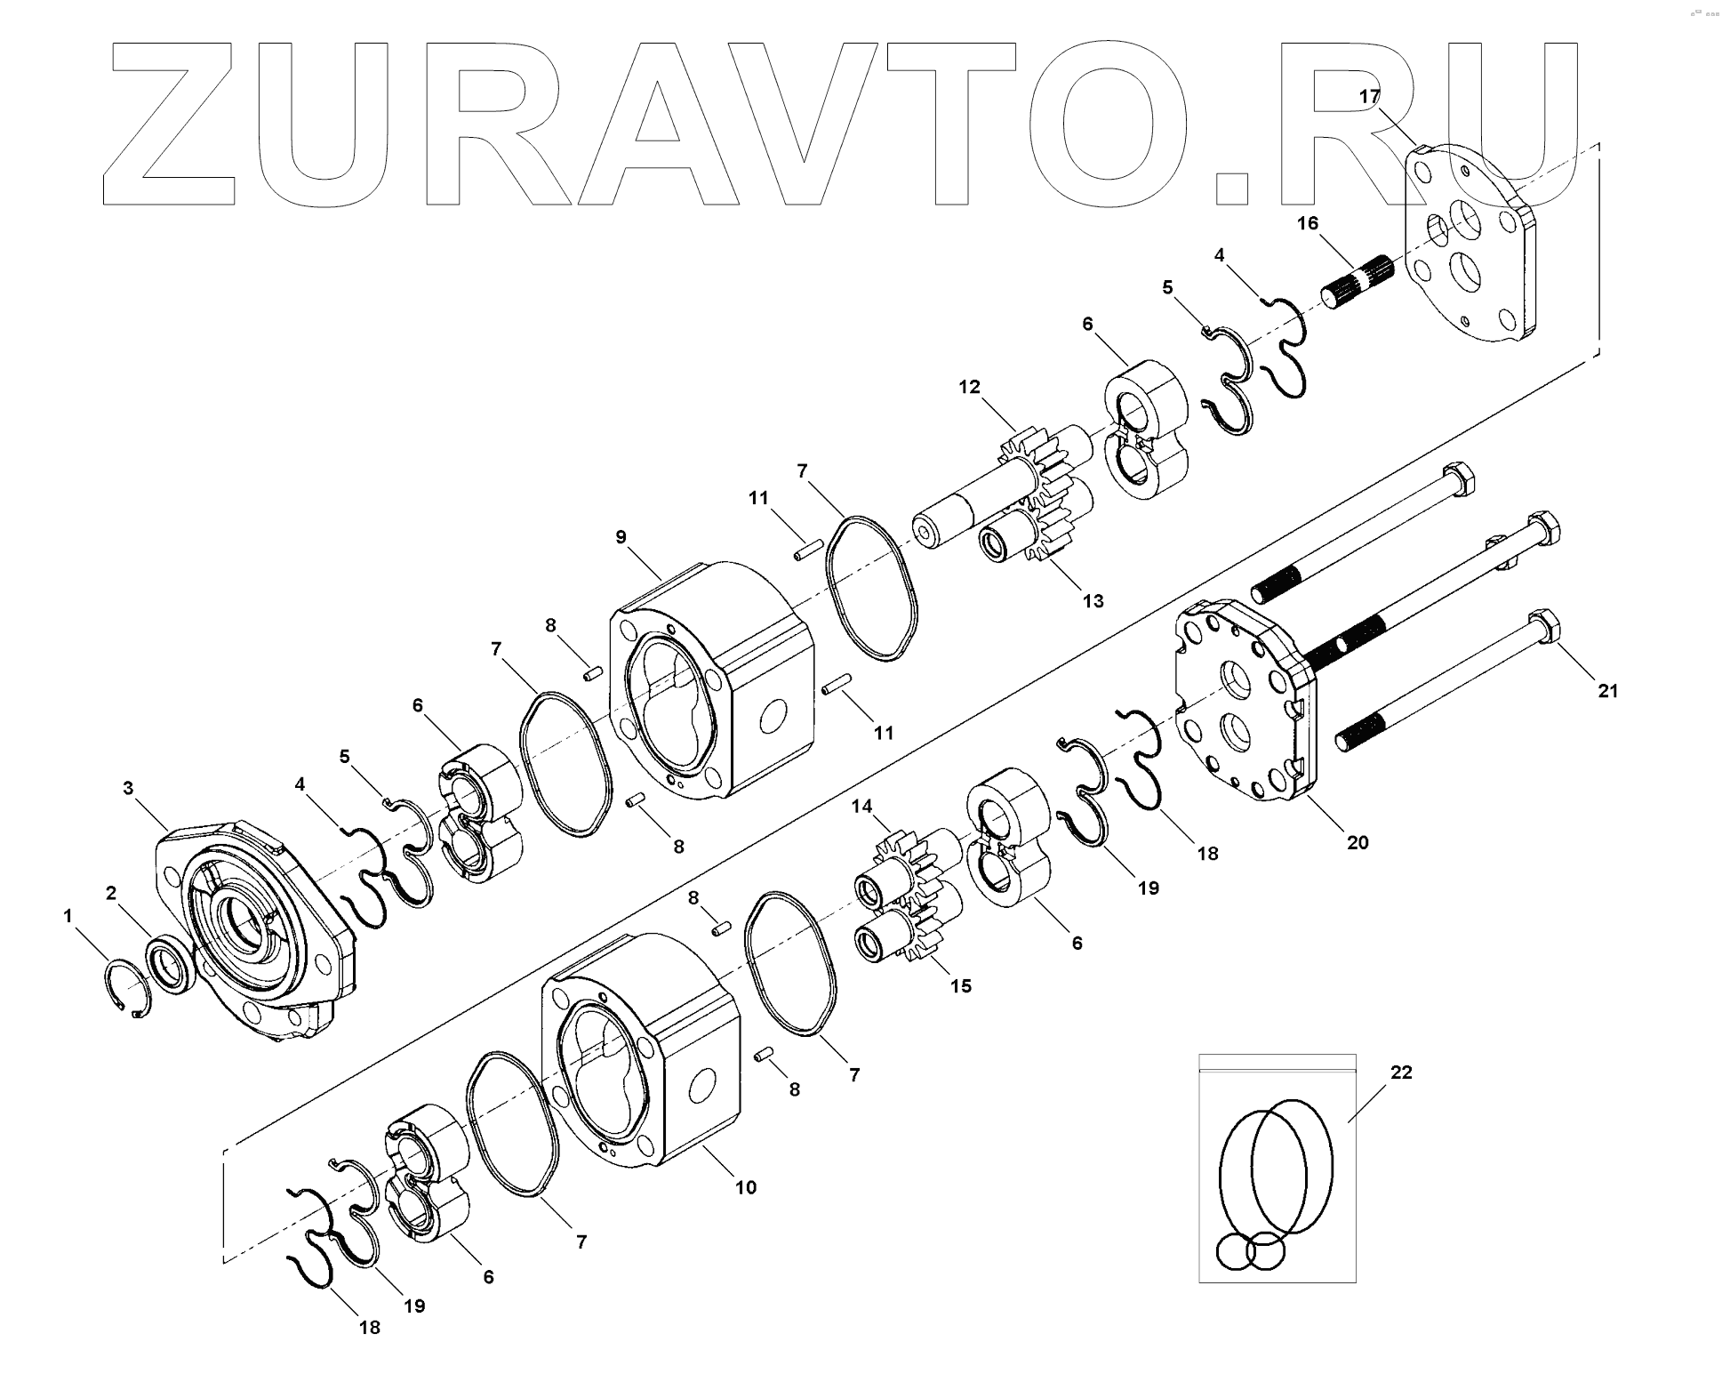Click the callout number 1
(x=68, y=914)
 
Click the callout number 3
(x=128, y=787)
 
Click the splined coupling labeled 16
(x=1356, y=281)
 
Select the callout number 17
(x=1368, y=96)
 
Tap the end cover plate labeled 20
(x=1245, y=703)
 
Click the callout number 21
(x=1607, y=689)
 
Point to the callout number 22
(x=1401, y=1073)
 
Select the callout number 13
(x=1093, y=600)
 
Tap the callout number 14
(x=861, y=807)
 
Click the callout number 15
(x=960, y=985)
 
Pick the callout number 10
(x=745, y=1187)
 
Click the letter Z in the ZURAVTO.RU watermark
(x=169, y=125)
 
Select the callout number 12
(x=969, y=387)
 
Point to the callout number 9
(x=621, y=536)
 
